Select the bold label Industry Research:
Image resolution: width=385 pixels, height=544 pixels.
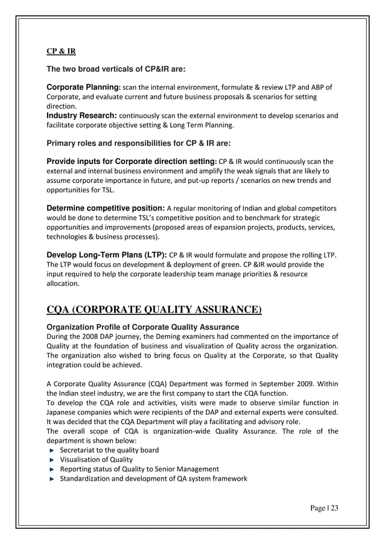(x=82, y=115)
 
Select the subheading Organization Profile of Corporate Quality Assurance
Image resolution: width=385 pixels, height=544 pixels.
(x=138, y=326)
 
